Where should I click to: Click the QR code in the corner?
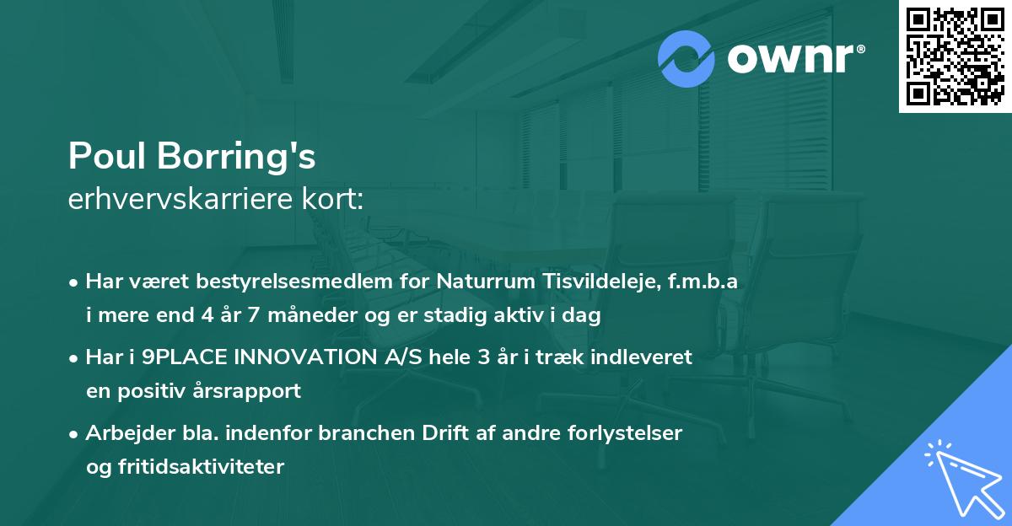click(x=955, y=56)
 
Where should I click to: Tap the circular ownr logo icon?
click(x=687, y=59)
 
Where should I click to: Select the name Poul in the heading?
click(x=105, y=156)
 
